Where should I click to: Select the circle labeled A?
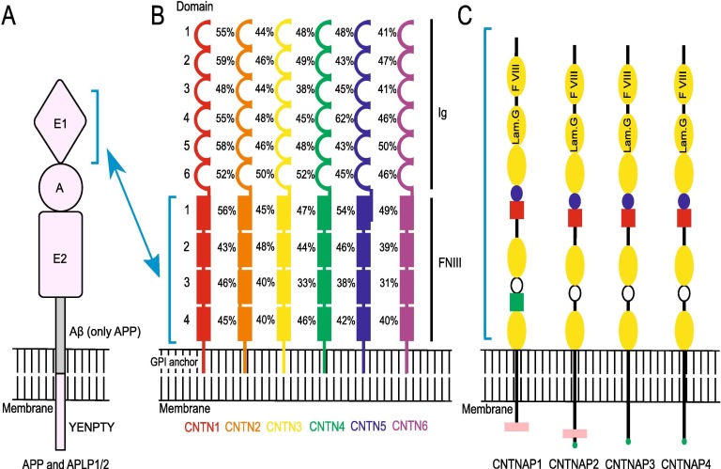61,186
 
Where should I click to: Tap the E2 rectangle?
61,250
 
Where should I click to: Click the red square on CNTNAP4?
683,217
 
